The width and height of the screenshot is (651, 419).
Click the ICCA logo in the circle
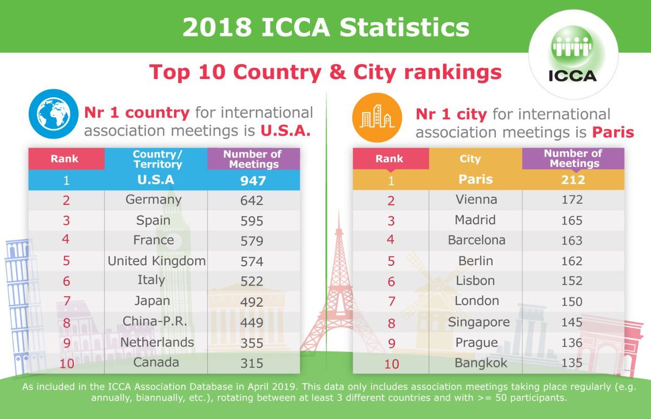(573, 60)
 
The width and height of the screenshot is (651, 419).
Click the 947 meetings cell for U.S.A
(252, 180)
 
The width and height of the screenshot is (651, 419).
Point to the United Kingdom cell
(156, 261)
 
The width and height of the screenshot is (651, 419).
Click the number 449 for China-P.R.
(252, 323)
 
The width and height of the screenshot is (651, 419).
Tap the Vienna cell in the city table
(476, 199)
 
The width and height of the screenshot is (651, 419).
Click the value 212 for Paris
(572, 179)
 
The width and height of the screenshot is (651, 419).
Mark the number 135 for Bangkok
(572, 363)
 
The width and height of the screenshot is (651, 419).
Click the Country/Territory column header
(157, 159)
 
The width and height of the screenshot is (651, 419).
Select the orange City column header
(470, 159)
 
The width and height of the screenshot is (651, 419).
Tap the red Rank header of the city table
(389, 159)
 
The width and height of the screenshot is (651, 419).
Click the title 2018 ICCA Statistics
(325, 28)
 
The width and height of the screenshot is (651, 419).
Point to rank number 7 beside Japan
(67, 302)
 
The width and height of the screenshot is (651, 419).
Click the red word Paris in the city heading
(612, 132)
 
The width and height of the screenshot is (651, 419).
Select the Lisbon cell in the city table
(475, 281)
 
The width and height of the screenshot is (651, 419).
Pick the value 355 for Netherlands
(252, 343)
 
